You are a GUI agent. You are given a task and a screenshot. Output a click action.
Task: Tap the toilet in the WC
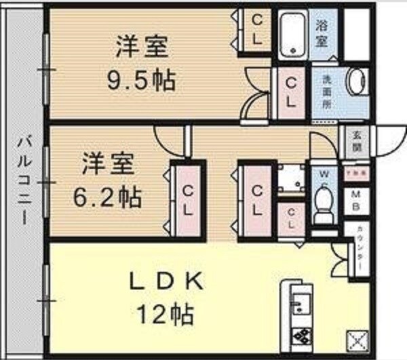coord(324,201)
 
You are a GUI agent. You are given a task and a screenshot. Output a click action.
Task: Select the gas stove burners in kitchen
coord(301,334)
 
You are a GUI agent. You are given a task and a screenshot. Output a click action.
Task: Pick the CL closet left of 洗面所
coord(290,94)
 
